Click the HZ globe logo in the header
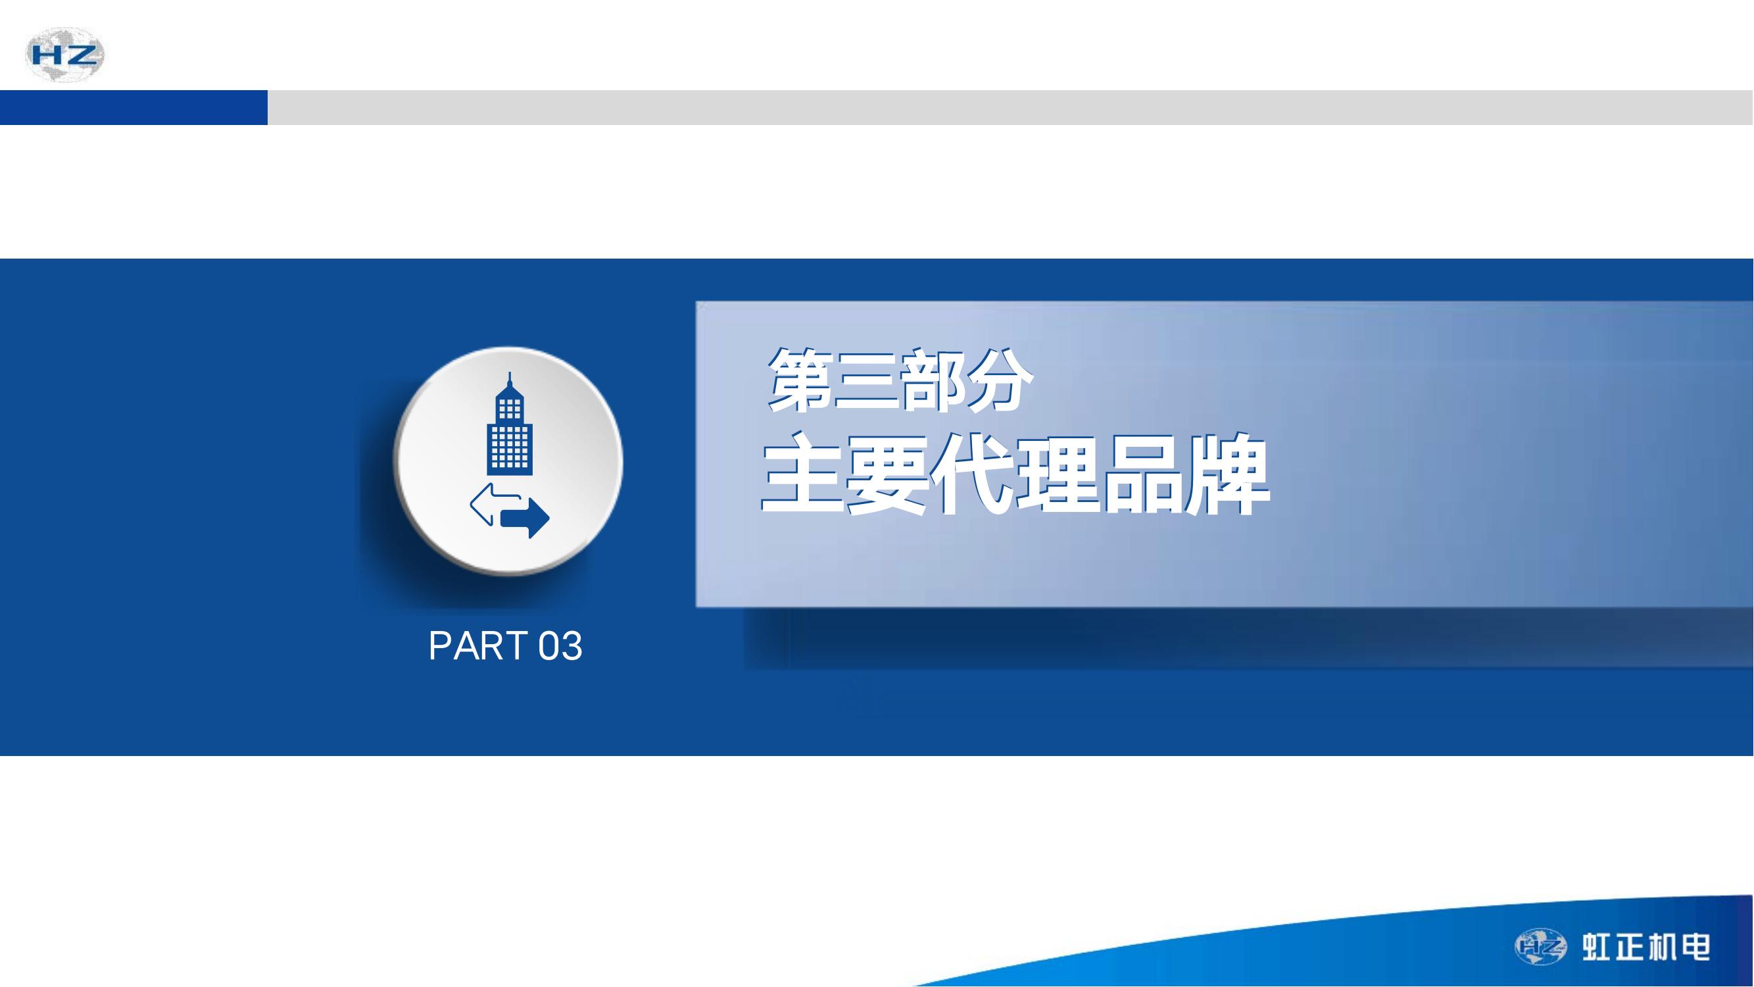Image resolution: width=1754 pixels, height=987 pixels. click(64, 55)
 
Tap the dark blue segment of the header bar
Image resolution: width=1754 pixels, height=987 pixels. click(134, 108)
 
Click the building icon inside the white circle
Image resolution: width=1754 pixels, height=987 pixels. click(509, 424)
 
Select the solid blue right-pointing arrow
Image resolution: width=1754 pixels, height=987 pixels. click(525, 518)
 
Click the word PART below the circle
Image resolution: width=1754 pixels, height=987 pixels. click(478, 645)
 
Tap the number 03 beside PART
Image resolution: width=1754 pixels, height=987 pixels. click(560, 645)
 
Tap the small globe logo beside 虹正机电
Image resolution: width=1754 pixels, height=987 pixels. click(1540, 947)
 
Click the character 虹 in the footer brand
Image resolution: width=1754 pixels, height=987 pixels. click(1598, 948)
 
